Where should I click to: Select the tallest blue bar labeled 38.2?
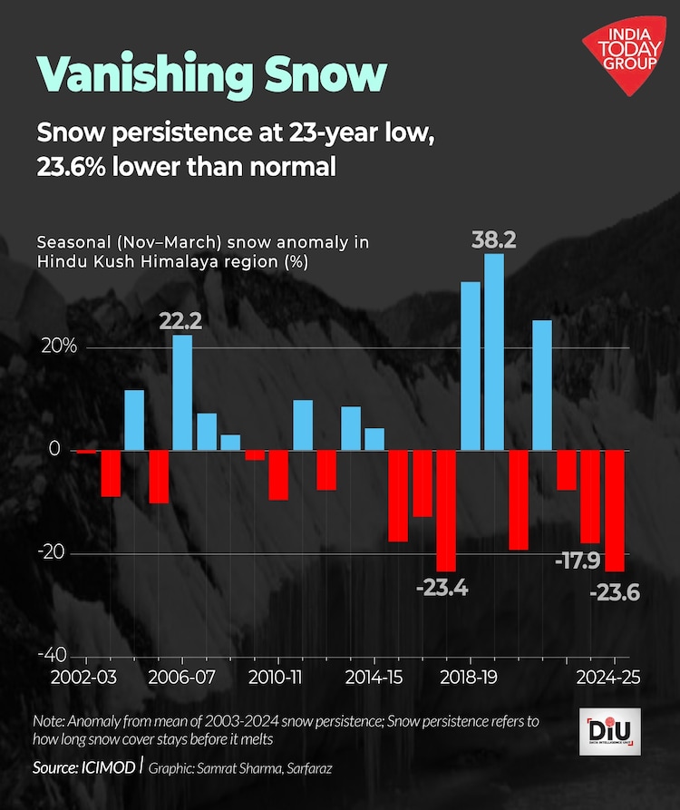click(x=494, y=352)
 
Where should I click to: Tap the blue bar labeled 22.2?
click(x=182, y=392)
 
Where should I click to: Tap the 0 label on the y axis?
click(x=53, y=450)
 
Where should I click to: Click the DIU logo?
click(x=607, y=731)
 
